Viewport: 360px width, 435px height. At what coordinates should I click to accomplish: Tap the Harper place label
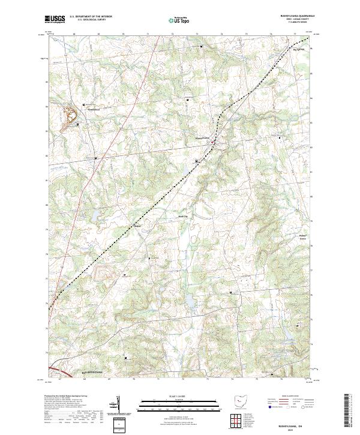(137, 226)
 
